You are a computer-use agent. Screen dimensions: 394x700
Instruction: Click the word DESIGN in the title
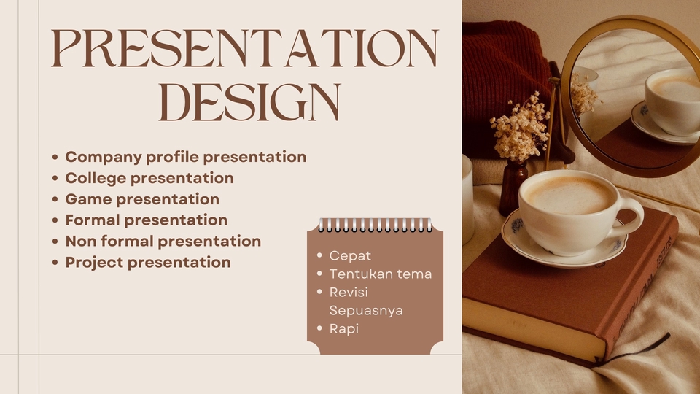[x=249, y=102]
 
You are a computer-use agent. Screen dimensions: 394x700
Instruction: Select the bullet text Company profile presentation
[x=185, y=157]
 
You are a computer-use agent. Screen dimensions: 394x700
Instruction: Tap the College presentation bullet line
[x=149, y=178]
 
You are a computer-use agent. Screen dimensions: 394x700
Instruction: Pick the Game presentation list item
[x=142, y=199]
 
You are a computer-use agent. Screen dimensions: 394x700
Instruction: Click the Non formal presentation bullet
[x=163, y=241]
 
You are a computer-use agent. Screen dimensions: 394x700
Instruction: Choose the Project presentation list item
[x=148, y=262]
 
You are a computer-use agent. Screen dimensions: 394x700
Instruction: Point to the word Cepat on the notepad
[x=350, y=255]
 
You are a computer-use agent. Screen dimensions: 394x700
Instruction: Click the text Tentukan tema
[x=380, y=274]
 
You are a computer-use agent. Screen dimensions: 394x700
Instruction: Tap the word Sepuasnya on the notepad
[x=366, y=310]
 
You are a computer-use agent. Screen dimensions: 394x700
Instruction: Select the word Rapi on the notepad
[x=343, y=328]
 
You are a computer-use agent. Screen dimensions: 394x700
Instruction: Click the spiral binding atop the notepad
[x=375, y=225]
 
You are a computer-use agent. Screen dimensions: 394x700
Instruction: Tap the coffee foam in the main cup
[x=570, y=195]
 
